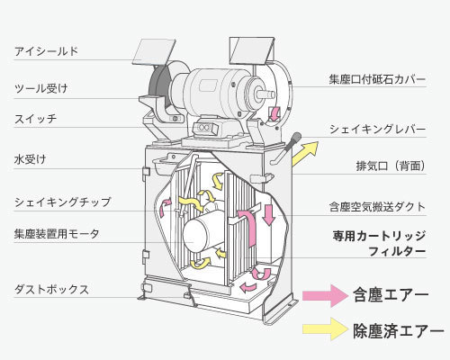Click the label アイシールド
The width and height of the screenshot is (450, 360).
coord(46,51)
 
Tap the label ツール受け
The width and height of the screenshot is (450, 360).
coord(41,88)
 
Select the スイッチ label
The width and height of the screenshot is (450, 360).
coord(35,119)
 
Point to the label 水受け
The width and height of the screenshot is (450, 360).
coord(31,159)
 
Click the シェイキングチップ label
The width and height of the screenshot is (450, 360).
coord(63,202)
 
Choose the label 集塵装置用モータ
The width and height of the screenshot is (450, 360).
coord(57,234)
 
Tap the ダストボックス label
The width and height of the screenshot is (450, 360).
coord(51,290)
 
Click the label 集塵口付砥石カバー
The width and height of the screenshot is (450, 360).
coord(377,79)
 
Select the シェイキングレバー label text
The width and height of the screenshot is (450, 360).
coord(378,130)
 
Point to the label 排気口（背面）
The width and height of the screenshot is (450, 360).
coord(391,166)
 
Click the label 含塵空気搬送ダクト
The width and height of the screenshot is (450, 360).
coord(377,207)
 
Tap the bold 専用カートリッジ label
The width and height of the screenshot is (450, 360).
coord(379,236)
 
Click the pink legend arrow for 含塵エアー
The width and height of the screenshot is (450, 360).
coord(326,295)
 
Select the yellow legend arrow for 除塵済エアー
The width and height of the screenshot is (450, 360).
coord(326,329)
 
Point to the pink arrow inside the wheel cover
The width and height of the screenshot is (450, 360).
coord(274,112)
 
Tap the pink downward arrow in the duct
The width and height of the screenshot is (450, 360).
coord(269,215)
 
